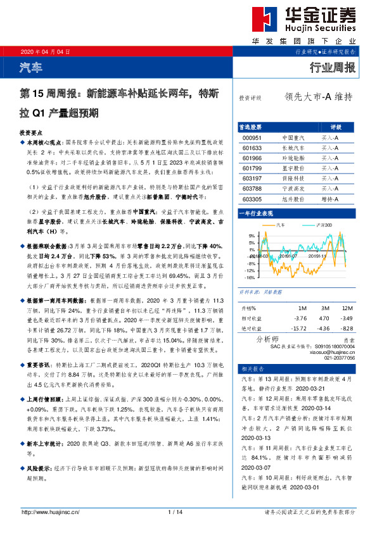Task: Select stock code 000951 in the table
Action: coord(252,137)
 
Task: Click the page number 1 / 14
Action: coord(176,511)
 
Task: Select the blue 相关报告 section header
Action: coord(249,368)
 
